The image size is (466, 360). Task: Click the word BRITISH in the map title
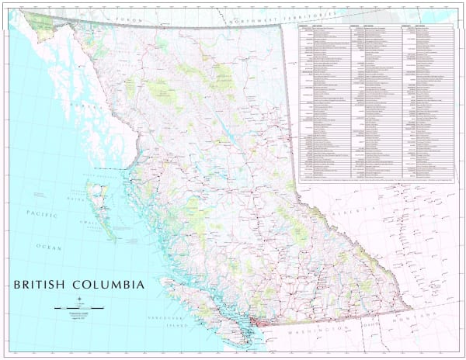[40, 285]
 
